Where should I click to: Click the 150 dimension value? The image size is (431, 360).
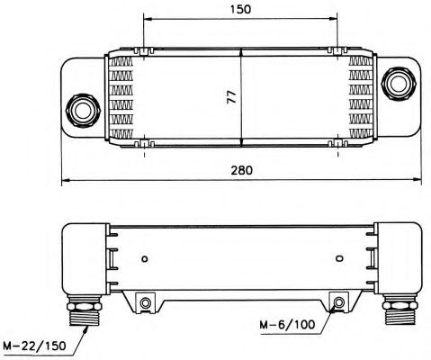[x=241, y=9]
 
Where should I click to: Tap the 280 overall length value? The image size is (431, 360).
[x=242, y=170]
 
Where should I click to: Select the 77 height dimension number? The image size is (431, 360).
[x=232, y=96]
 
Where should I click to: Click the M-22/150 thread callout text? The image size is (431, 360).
[x=35, y=346]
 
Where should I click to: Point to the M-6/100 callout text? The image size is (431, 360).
[x=287, y=324]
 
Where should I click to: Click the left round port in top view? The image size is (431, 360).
[x=83, y=111]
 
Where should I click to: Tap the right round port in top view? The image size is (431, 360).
[x=399, y=84]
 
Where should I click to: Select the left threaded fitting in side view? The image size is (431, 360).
[x=85, y=310]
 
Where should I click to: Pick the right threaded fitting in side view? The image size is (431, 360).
[x=400, y=310]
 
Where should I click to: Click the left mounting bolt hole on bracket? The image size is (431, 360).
[x=146, y=302]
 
